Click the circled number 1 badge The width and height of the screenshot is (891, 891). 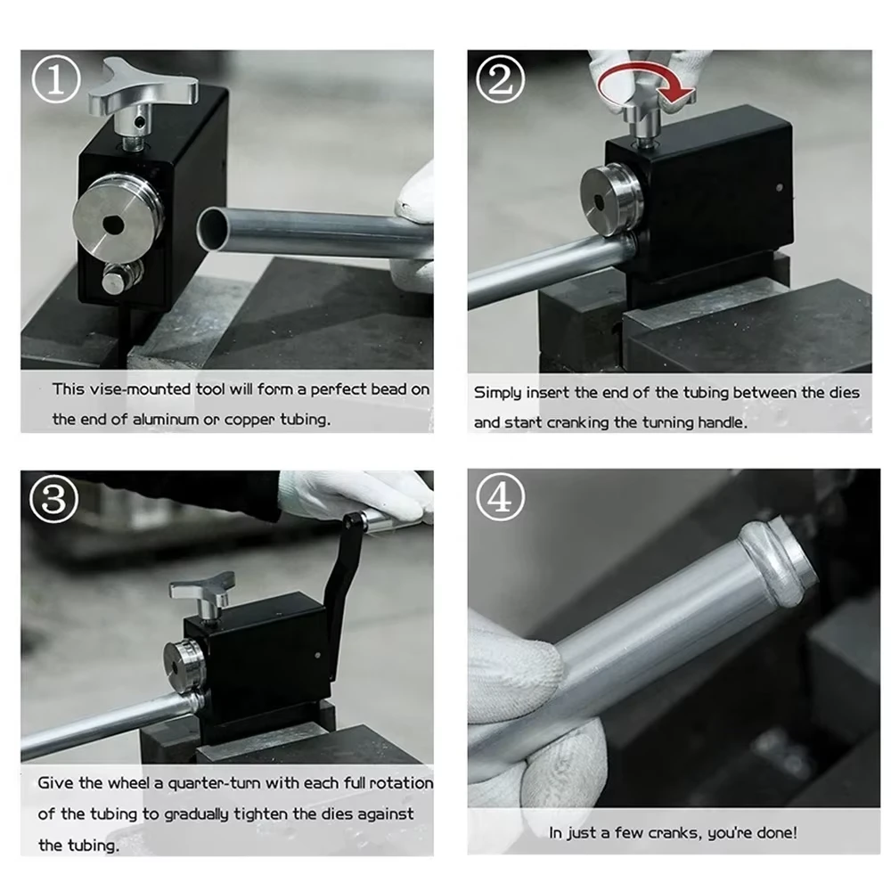click(x=55, y=80)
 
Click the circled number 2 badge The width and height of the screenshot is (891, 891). click(x=500, y=79)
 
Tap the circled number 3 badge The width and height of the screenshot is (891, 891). click(x=53, y=499)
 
